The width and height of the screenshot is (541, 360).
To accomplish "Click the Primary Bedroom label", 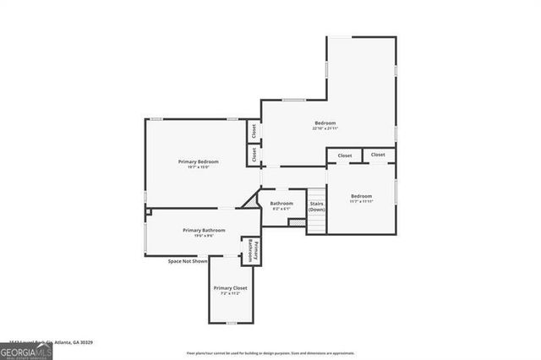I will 198,161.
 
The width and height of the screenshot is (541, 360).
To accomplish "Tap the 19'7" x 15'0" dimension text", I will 198,167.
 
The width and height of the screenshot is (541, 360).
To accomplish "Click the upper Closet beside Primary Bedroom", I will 253,132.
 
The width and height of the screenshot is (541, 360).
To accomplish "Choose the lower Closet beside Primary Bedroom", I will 253,155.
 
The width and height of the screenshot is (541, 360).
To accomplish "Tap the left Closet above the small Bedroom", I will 345,155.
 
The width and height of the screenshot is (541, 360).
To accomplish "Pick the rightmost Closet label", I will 378,155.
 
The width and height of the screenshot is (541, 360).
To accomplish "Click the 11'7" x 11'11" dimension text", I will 361,202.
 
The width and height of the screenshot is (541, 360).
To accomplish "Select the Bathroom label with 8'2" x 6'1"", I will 281,204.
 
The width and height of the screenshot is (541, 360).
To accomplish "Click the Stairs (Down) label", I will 316,206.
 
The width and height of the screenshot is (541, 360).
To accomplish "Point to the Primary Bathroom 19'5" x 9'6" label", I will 204,232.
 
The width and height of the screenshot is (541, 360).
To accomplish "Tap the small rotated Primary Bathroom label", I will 251,251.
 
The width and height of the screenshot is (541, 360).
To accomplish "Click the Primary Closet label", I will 230,288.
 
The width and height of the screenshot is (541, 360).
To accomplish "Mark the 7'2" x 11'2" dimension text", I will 230,294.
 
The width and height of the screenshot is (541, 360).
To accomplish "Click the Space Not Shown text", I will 188,261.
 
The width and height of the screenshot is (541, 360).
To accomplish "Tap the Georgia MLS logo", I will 26,351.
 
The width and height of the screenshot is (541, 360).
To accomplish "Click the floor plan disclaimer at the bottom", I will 281,352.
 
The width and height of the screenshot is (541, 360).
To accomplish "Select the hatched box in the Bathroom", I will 296,222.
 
